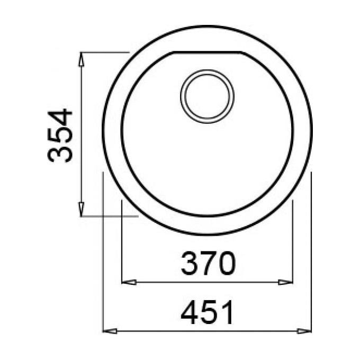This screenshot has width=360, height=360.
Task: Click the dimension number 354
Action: pyautogui.click(x=60, y=136)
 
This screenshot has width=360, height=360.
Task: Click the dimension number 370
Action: pyautogui.click(x=208, y=263)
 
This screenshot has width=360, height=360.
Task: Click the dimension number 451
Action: pyautogui.click(x=207, y=312)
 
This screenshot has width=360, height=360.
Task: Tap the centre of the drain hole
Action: pyautogui.click(x=208, y=96)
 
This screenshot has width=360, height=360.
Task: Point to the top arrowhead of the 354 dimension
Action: pyautogui.click(x=81, y=59)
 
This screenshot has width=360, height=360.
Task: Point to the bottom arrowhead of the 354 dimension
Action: pyautogui.click(x=81, y=209)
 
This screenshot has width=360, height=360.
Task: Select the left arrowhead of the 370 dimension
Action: pyautogui.click(x=129, y=282)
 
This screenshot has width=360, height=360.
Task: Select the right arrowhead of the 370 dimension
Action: pyautogui.click(x=285, y=282)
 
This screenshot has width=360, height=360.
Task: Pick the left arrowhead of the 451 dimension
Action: pyautogui.click(x=110, y=331)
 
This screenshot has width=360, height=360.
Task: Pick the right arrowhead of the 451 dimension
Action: pyautogui.click(x=304, y=331)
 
